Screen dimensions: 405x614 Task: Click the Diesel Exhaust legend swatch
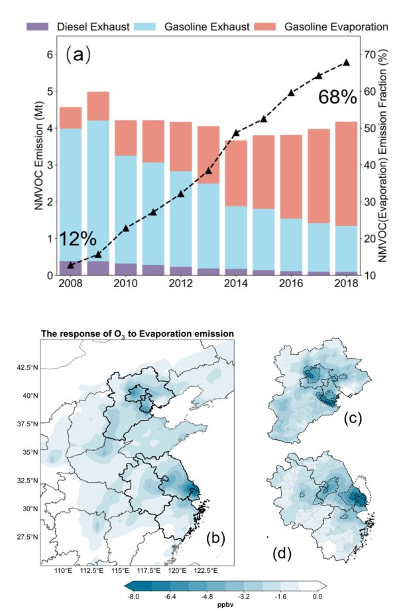pyautogui.click(x=37, y=27)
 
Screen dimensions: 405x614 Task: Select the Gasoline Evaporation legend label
pyautogui.click(x=336, y=27)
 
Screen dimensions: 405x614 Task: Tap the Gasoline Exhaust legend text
pyautogui.click(x=207, y=27)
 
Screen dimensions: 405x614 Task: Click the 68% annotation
pyautogui.click(x=337, y=97)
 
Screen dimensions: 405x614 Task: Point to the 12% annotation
pyautogui.click(x=78, y=239)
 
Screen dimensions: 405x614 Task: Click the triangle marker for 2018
pyautogui.click(x=346, y=62)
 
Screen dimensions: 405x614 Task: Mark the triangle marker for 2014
pyautogui.click(x=236, y=133)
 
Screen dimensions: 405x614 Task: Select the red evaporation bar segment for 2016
pyautogui.click(x=291, y=176)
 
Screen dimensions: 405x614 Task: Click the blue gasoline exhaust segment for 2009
pyautogui.click(x=98, y=191)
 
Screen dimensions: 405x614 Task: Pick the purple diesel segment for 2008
pyautogui.click(x=70, y=269)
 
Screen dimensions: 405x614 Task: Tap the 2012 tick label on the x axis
pyautogui.click(x=181, y=283)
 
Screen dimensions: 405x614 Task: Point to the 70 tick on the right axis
pyautogui.click(x=371, y=54)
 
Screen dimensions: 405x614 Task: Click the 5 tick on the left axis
pyautogui.click(x=50, y=92)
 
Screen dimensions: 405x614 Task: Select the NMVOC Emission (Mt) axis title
pyautogui.click(x=38, y=155)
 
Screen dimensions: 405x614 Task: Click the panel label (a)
pyautogui.click(x=78, y=54)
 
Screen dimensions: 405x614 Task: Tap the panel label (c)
pyautogui.click(x=353, y=418)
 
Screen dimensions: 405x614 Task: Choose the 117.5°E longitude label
pyautogui.click(x=150, y=570)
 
